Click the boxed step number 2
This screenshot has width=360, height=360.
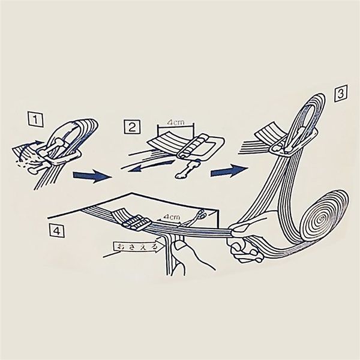pyautogui.click(x=132, y=127)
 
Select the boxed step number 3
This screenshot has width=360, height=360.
pyautogui.click(x=340, y=94)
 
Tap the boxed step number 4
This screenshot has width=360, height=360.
pyautogui.click(x=57, y=231)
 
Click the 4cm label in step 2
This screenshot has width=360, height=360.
pyautogui.click(x=176, y=122)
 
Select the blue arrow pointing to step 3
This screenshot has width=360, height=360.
pyautogui.click(x=229, y=170)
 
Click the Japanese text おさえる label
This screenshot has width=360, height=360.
pyautogui.click(x=137, y=247)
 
